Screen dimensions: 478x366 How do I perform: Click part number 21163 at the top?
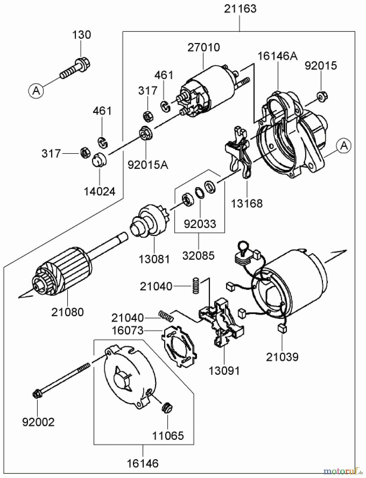(x=240, y=9)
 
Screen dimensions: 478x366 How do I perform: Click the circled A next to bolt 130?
(x=36, y=91)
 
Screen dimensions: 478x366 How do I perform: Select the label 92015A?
(x=148, y=165)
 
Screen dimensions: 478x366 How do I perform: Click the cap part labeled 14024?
(x=99, y=160)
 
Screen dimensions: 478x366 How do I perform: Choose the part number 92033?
(x=200, y=224)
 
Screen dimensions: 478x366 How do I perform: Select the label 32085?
(x=198, y=255)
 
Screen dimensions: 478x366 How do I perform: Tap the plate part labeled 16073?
(x=180, y=348)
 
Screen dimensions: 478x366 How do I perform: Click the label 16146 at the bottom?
(x=143, y=463)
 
